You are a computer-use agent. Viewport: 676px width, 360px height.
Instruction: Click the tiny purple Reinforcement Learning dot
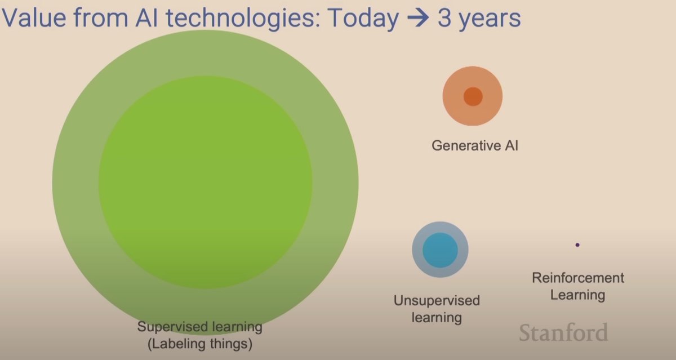click(577, 245)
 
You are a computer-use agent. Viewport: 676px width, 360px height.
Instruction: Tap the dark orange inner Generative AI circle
click(473, 96)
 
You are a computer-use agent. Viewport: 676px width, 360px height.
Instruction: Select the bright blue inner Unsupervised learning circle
click(440, 249)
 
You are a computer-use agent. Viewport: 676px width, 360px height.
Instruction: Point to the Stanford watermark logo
click(563, 332)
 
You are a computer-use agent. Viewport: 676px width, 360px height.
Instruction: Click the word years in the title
click(490, 19)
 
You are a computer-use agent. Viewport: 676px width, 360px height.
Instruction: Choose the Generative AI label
click(474, 145)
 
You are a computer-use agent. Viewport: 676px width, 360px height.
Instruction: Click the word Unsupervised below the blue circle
click(437, 300)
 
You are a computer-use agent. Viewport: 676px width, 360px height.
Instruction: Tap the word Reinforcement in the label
click(578, 278)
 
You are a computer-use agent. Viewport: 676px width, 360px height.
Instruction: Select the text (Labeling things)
click(200, 343)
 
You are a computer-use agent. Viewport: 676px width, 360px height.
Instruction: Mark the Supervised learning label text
click(200, 327)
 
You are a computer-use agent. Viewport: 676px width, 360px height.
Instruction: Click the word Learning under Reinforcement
click(577, 294)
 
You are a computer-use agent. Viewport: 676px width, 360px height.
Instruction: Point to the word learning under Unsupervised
click(437, 317)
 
